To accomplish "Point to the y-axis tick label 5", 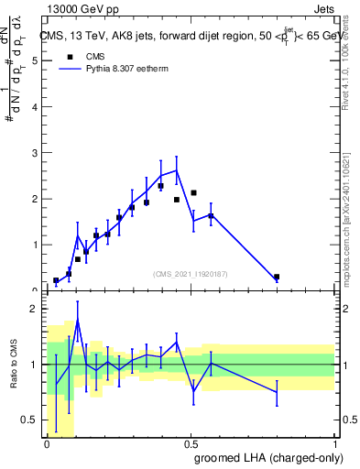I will (34, 60).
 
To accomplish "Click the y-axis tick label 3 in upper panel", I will (34, 153).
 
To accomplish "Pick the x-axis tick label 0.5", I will (191, 442).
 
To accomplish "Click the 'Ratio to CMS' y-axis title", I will (14, 365).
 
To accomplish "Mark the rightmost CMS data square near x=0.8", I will (277, 277).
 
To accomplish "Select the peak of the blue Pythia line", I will (176, 169).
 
